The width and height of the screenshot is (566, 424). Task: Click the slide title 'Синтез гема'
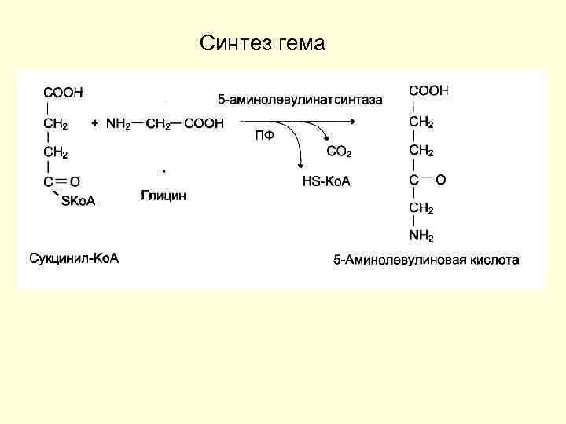point(262,42)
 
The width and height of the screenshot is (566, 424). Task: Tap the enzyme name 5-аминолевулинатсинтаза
point(300,100)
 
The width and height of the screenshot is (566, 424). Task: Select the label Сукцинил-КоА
point(74,258)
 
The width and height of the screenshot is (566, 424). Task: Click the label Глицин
point(164,196)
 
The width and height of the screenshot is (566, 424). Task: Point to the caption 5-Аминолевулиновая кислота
point(426,259)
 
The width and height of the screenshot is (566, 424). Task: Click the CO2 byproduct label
point(339,151)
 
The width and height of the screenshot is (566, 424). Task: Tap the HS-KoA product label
point(326,181)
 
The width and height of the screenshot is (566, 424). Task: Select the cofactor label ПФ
point(265,134)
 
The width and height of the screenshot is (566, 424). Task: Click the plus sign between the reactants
point(95,123)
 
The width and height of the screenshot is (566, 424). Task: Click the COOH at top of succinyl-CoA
point(63,93)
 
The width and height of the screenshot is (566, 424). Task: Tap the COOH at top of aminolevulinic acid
point(428,91)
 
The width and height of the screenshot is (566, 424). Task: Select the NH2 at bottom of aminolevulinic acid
point(421,236)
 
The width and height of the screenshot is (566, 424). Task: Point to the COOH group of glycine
point(204,123)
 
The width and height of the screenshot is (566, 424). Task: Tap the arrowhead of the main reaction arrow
point(355,121)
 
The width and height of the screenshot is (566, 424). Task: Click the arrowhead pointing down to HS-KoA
point(300,164)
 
